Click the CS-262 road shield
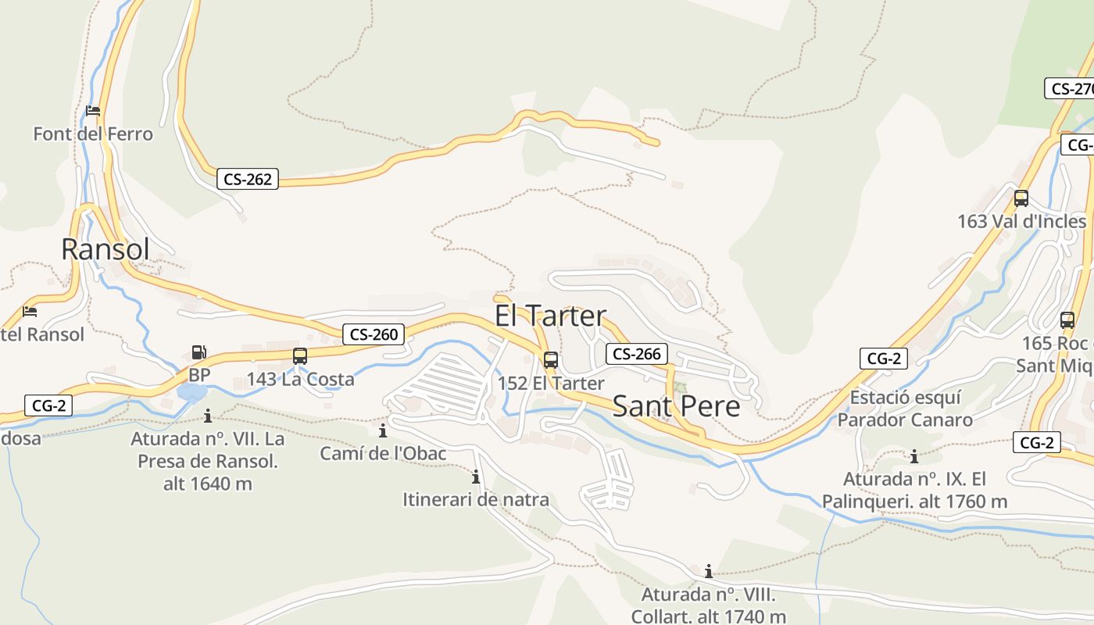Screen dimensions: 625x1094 pos(248,179)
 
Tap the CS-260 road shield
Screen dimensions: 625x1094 pos(374,334)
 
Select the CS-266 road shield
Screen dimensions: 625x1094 pos(637,354)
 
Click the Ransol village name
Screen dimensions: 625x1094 pos(105,249)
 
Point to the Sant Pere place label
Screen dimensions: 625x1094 pos(676,406)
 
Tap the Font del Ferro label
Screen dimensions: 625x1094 pos(93,134)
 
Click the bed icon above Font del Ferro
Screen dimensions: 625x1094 pos(93,111)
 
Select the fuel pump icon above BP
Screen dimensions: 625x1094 pos(199,353)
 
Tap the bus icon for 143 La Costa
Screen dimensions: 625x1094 pos(300,356)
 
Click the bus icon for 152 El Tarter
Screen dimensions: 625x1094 pos(551,360)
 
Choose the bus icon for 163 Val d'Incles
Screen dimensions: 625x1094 pos(1021,198)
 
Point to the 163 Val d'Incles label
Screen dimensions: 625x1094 pos(1021,221)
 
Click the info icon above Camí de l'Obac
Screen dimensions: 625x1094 pos(383,430)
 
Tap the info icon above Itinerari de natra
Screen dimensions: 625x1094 pos(475,477)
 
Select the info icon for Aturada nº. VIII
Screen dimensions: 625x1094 pos(709,571)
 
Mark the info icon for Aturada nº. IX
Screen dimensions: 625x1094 pos(914,456)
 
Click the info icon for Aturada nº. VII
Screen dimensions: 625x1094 pos(208,416)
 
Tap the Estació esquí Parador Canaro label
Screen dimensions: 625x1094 pos(905,409)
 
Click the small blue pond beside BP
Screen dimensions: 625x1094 pos(191,392)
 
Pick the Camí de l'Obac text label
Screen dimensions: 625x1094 pos(383,453)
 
